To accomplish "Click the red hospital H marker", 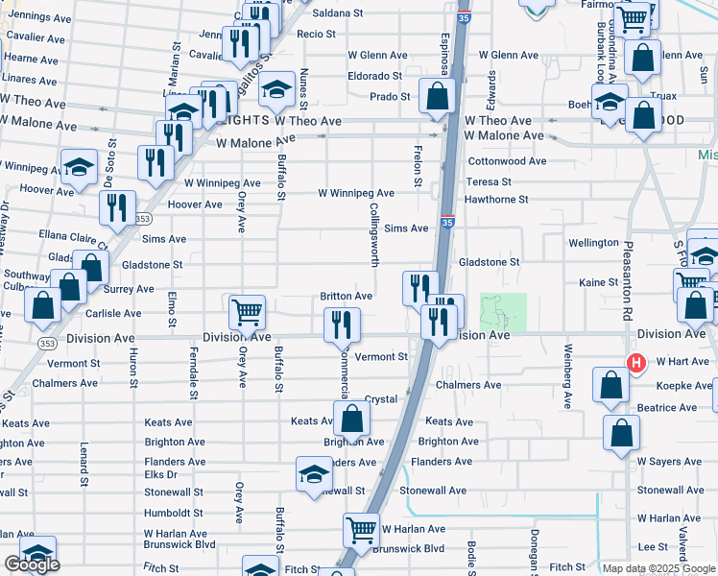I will click(634, 363).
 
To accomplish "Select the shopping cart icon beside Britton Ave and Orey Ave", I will click(247, 310).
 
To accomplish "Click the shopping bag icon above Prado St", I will click(438, 96).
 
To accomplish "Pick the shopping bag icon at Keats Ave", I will click(352, 418).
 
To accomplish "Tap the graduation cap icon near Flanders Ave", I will click(313, 474).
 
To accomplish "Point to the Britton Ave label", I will click(346, 297).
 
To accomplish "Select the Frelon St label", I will click(418, 159).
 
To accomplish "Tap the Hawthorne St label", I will click(496, 199).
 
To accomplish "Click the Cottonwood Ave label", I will click(507, 161).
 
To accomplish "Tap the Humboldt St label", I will click(174, 513).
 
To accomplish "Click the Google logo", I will click(32, 564).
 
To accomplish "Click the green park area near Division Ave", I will click(503, 312).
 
